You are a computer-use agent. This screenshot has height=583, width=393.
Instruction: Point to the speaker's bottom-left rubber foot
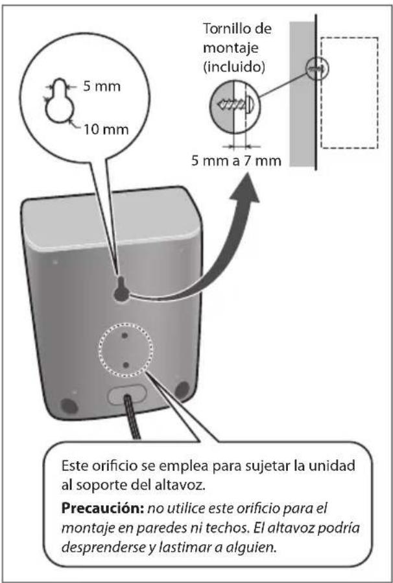67,405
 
